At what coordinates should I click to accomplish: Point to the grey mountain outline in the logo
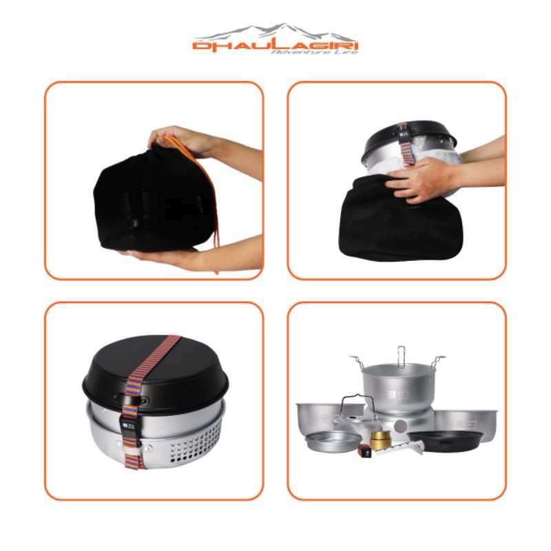pyautogui.click(x=275, y=32)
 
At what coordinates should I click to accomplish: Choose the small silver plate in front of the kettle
pyautogui.click(x=332, y=441)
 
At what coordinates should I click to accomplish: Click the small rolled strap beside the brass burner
pyautogui.click(x=364, y=452)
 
